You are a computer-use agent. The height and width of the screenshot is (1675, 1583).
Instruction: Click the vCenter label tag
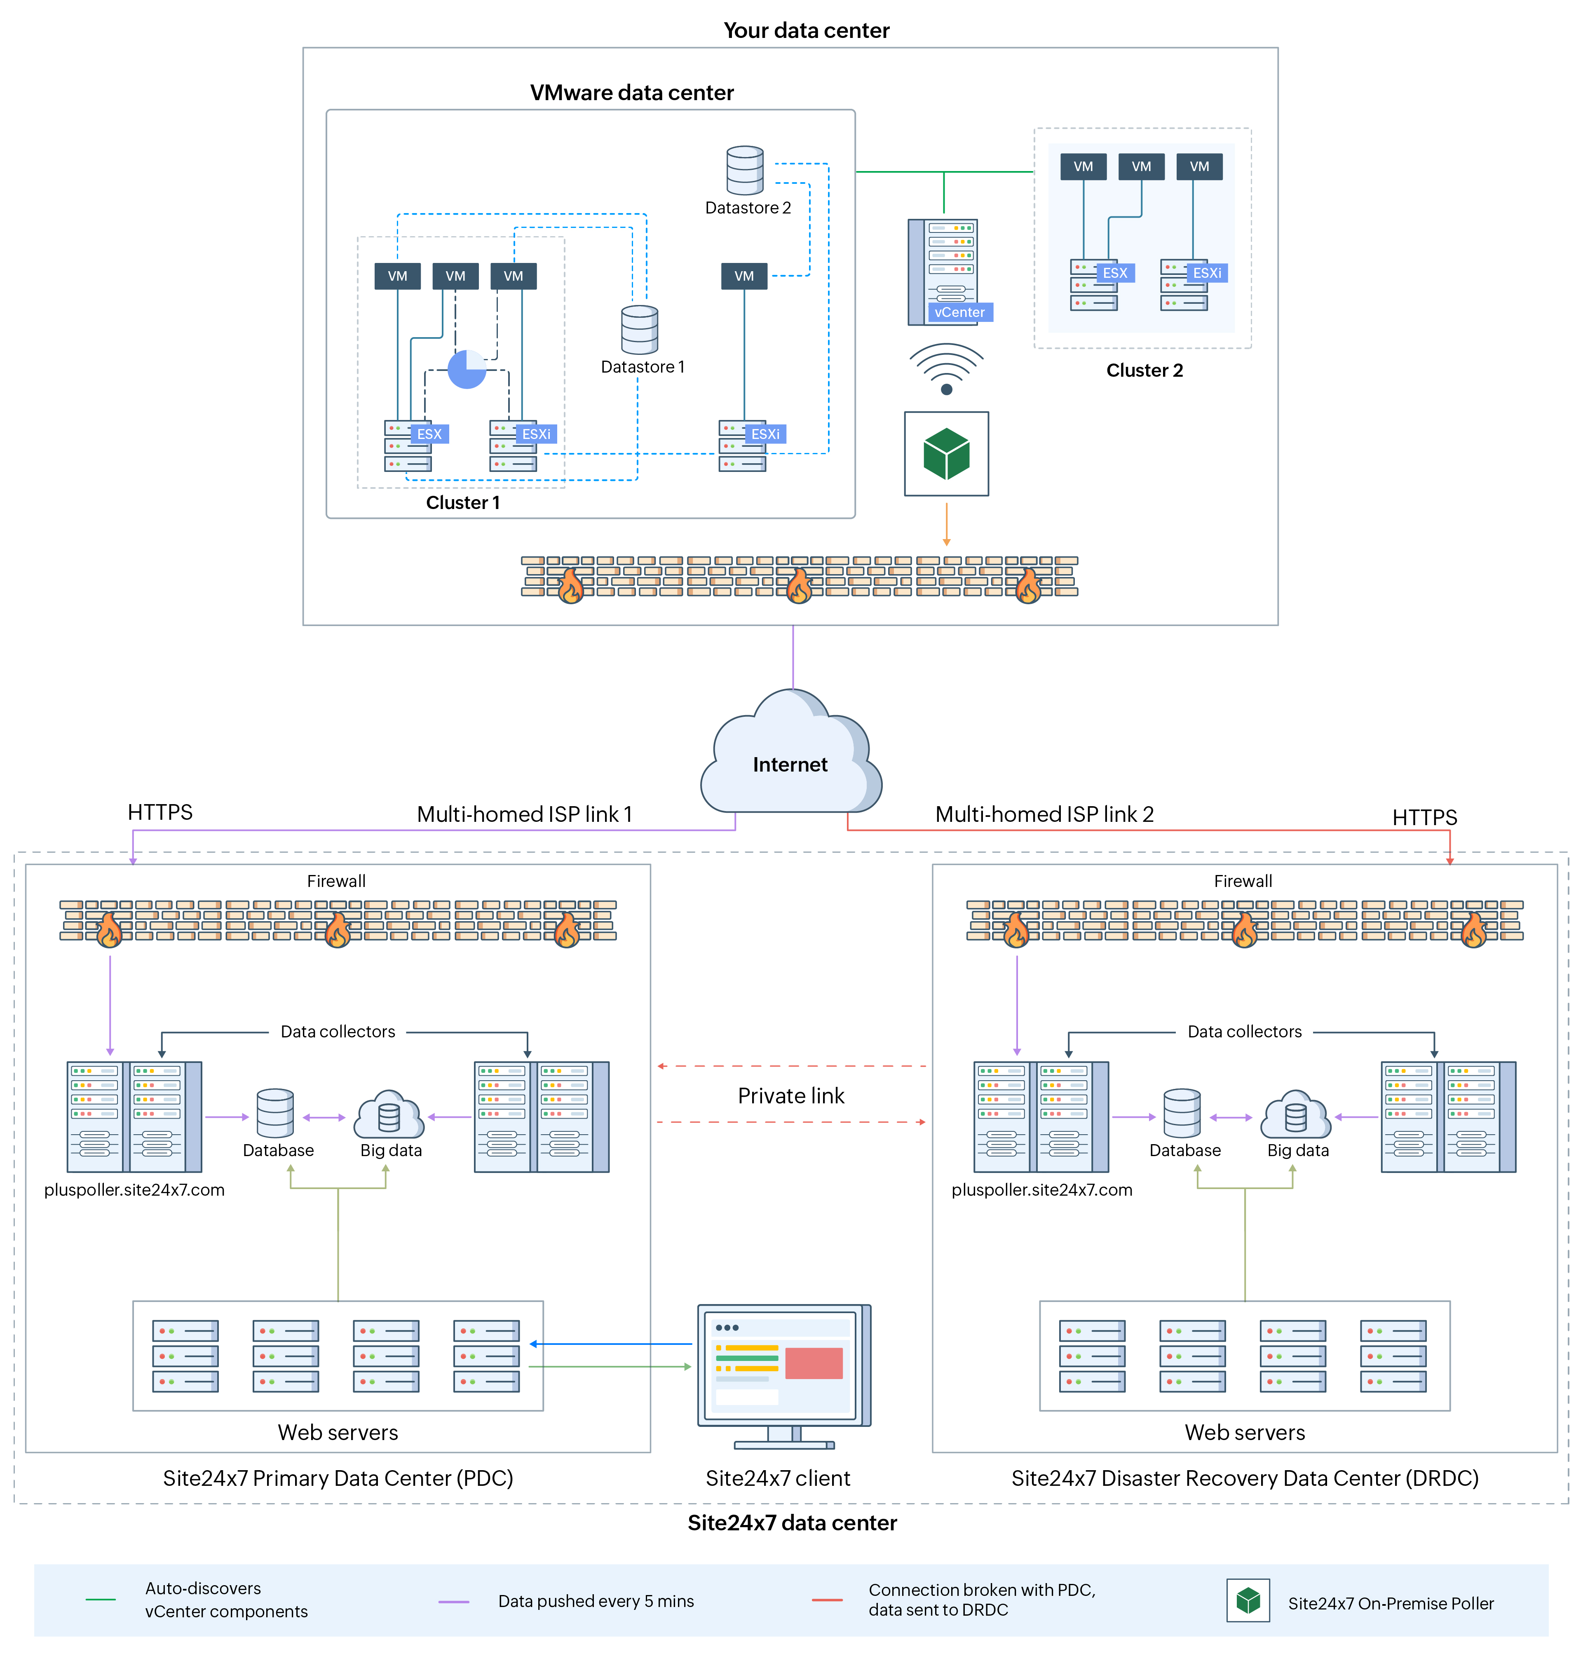coord(959,312)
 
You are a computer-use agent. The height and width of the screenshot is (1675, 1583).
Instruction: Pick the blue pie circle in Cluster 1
coord(467,370)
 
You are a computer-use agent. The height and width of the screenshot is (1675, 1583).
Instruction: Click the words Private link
coord(790,1095)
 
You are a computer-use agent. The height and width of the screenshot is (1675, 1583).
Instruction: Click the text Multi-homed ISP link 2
coord(1044,814)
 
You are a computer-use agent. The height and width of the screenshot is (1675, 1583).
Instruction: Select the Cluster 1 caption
coord(462,503)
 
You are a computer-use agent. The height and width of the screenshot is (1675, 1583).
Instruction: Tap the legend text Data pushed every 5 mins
coord(596,1601)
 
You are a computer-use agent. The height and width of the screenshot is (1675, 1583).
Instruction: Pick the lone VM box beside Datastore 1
coord(743,276)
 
